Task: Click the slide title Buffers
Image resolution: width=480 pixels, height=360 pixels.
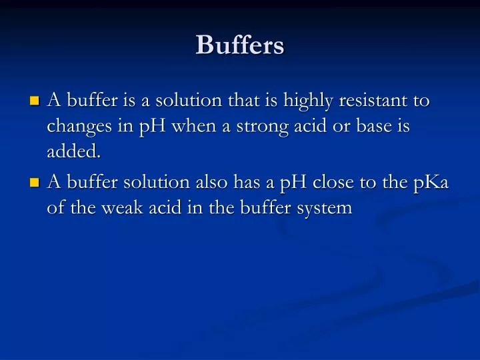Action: (x=240, y=45)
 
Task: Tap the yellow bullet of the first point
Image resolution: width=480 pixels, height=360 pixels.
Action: (x=35, y=102)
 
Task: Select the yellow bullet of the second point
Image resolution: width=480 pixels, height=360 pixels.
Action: (x=35, y=183)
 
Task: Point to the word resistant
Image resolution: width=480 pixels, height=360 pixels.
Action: (x=373, y=101)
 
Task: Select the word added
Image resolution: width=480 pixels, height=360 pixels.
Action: (x=74, y=152)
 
